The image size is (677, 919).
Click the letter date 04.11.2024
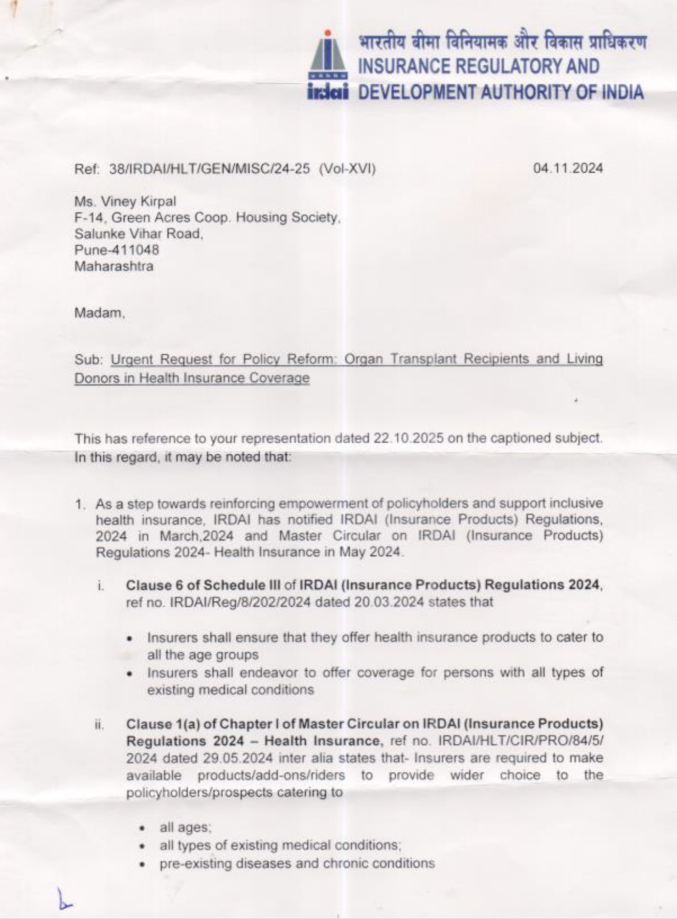(x=568, y=168)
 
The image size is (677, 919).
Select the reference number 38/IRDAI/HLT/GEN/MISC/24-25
(x=210, y=169)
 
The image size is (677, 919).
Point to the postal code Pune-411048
(x=117, y=250)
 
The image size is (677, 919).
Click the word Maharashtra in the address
(x=114, y=266)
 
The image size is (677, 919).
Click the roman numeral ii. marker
(x=100, y=724)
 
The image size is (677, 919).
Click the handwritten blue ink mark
(x=64, y=899)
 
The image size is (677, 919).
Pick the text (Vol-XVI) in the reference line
(x=347, y=169)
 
